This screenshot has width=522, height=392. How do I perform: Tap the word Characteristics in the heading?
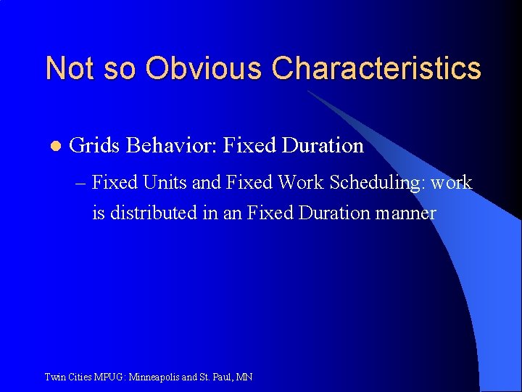(376, 68)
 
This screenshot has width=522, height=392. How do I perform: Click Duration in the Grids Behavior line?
(323, 146)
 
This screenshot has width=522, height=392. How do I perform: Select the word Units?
(167, 183)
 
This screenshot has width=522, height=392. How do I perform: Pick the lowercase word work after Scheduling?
(452, 183)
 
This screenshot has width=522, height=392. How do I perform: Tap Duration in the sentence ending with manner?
(333, 213)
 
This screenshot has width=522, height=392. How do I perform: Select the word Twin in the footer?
(54, 377)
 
